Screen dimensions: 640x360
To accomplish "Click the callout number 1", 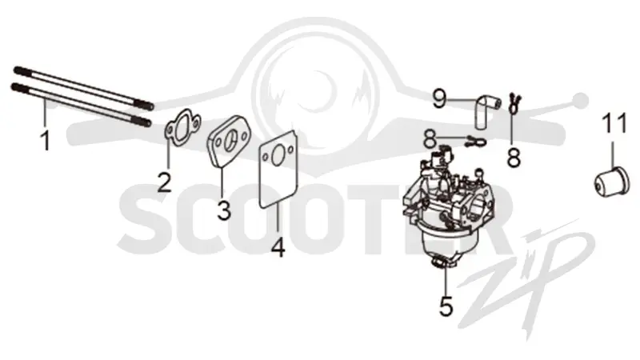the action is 46,141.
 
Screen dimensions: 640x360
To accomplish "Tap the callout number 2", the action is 165,182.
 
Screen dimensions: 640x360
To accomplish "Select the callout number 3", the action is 224,210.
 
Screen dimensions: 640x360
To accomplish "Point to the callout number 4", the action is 278,247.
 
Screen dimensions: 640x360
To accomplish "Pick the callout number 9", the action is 439,98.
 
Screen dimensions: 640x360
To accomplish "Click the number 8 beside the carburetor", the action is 430,138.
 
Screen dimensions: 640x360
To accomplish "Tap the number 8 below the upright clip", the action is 514,157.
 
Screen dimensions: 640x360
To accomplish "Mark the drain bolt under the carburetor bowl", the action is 442,264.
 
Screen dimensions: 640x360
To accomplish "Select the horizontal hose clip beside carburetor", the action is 475,142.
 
